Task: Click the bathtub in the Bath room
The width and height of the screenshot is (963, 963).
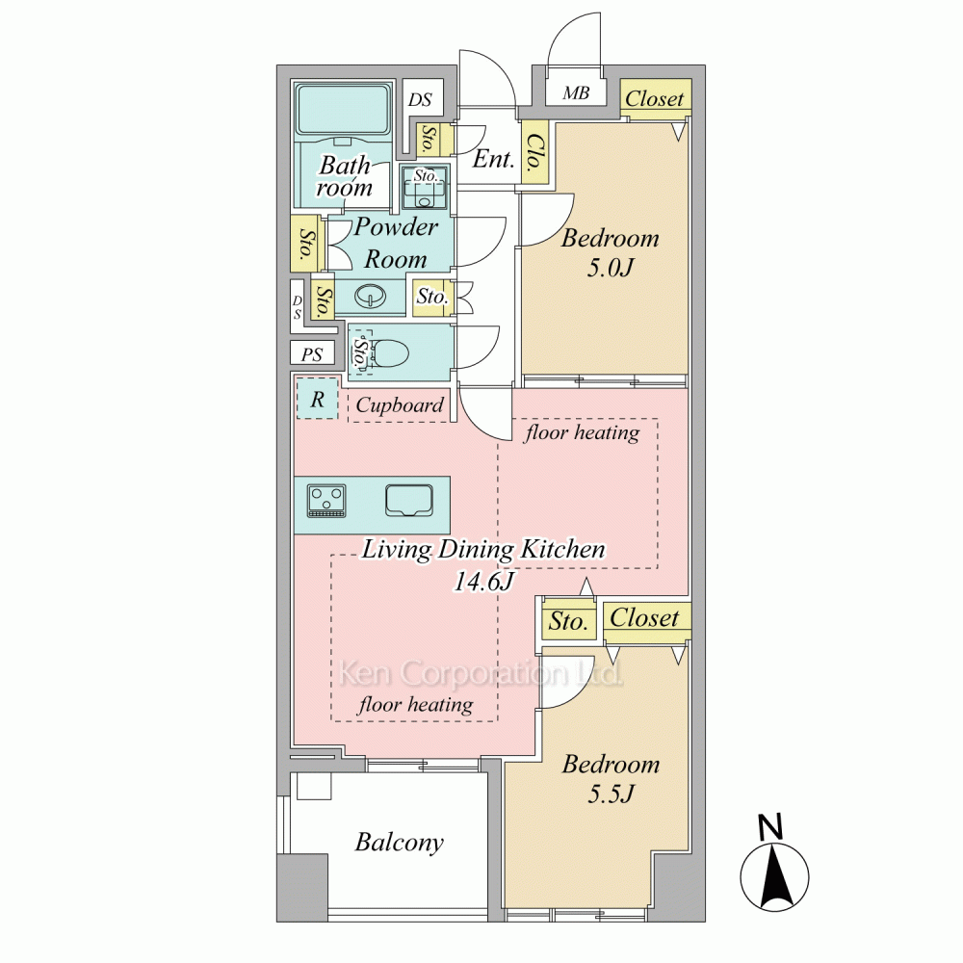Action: (x=343, y=109)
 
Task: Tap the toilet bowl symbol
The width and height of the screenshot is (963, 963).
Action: (x=391, y=352)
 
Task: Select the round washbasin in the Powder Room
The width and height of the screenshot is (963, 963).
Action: (x=371, y=297)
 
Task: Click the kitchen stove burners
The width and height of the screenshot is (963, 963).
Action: (x=326, y=500)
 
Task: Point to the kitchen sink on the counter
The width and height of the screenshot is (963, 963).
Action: (x=409, y=500)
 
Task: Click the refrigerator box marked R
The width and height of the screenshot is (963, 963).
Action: (x=317, y=399)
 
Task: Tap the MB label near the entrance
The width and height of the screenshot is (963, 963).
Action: (x=576, y=93)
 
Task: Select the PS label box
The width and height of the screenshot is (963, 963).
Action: (x=312, y=354)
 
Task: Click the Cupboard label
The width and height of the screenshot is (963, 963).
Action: (x=400, y=404)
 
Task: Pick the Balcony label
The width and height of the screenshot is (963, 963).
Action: (x=400, y=842)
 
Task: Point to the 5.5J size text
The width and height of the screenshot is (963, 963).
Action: (x=611, y=794)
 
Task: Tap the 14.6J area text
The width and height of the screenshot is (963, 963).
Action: (x=484, y=581)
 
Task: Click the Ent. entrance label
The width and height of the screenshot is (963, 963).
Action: (x=493, y=159)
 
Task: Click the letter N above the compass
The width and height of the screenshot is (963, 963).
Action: (x=770, y=826)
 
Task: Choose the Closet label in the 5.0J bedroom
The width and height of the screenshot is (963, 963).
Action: (x=655, y=98)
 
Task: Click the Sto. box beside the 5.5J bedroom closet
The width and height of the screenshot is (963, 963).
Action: (x=569, y=621)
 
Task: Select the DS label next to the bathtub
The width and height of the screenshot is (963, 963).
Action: (x=421, y=99)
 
